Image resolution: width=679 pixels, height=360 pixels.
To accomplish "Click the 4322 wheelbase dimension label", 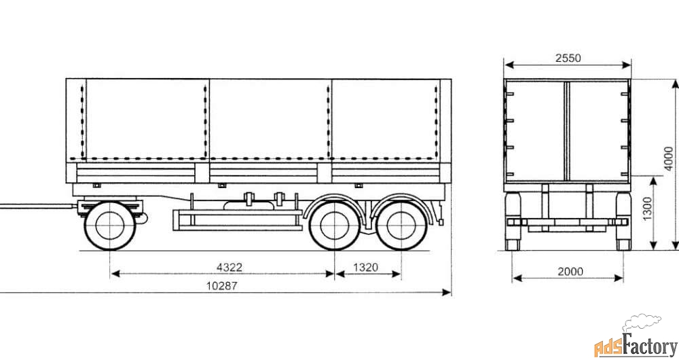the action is point(229,268).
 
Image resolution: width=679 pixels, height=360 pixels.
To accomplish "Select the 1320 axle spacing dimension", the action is point(365,268).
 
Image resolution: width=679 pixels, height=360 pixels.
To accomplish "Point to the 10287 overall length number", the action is point(222,285).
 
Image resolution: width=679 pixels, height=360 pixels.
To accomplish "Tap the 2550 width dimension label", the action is point(568,58).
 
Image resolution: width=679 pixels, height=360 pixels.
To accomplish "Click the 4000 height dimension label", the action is point(669,158).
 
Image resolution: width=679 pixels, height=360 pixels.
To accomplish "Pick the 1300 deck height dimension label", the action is point(647,209).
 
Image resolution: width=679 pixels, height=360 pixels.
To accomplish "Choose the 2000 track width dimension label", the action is point(570,272).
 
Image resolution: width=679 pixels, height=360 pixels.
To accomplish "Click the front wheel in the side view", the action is point(109,225).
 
